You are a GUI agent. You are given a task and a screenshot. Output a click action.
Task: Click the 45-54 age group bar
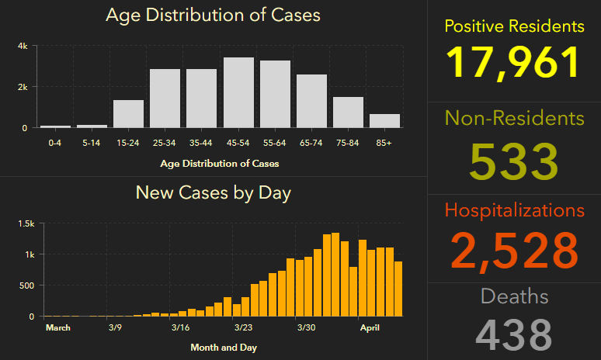point(238,92)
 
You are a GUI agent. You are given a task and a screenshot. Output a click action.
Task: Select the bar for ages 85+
point(384,120)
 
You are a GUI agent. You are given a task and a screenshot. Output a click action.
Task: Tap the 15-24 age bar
point(128,113)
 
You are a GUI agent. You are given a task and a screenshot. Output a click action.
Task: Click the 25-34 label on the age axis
point(165,143)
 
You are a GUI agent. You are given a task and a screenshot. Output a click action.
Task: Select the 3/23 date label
point(242,327)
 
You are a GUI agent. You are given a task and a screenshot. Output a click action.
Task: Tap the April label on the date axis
point(370,327)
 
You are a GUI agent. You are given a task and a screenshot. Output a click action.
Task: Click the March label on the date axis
point(58,327)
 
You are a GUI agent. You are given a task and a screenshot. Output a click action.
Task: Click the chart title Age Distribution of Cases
point(213,15)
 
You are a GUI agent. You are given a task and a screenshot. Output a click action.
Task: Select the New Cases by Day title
point(213,192)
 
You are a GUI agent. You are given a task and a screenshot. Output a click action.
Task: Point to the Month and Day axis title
point(224,348)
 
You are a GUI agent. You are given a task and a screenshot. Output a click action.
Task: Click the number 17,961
point(514,62)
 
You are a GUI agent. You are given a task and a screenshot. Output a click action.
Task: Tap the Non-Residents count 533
point(514,161)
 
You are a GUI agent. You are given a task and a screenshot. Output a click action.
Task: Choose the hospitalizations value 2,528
point(514,250)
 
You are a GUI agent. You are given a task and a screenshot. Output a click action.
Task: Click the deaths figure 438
point(514,334)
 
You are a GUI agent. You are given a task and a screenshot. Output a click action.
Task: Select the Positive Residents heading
point(514,26)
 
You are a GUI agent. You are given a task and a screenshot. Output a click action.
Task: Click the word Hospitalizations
point(514,210)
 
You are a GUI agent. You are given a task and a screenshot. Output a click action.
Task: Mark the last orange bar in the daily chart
point(398,289)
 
